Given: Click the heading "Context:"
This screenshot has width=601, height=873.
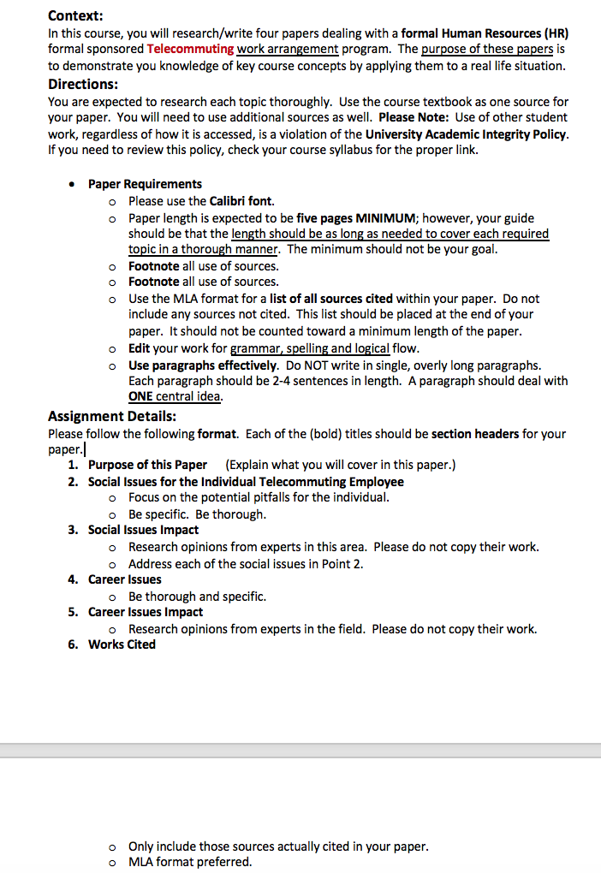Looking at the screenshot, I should [75, 15].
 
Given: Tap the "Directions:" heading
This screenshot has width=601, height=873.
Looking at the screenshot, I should [83, 84].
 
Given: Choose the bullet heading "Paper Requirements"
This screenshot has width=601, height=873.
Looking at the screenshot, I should [145, 184].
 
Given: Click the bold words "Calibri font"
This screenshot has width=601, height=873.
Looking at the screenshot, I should [241, 201].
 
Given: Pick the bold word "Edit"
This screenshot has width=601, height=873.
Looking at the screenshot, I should [140, 348].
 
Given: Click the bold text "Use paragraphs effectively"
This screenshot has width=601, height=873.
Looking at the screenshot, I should [203, 365].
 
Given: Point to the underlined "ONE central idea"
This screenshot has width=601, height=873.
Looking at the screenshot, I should [175, 397].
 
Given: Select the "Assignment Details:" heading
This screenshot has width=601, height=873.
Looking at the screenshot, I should [112, 416].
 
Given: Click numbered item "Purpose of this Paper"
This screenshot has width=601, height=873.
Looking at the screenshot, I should [147, 465].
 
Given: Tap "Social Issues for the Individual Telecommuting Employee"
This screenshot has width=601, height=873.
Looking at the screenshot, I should [246, 481].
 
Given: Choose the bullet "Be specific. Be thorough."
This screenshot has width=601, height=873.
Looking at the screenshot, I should [197, 514].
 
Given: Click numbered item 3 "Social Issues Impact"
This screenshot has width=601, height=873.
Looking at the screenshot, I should [143, 530].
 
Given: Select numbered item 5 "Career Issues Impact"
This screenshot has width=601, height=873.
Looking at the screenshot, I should [146, 612].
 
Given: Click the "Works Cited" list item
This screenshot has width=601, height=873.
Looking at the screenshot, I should [122, 644].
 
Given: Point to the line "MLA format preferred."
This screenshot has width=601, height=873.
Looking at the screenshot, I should [190, 862].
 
